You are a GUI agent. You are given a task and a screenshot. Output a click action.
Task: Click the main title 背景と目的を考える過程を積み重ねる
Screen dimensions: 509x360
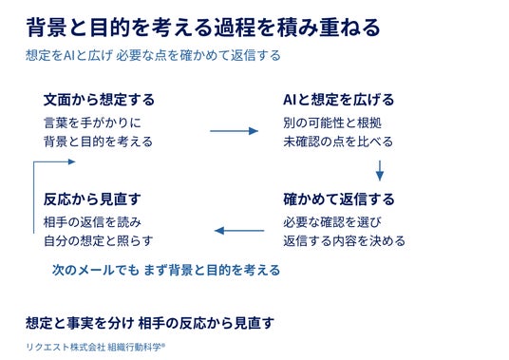coord(203,28)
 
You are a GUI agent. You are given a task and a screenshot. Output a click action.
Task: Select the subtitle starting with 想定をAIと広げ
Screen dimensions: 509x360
coord(153,55)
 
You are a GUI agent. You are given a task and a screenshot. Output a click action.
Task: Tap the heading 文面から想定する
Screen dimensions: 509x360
coord(99,100)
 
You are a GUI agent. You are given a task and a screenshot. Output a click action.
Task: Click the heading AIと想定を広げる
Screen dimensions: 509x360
coord(339,100)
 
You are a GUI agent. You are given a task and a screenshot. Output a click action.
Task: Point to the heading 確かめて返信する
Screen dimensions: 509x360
coord(339,199)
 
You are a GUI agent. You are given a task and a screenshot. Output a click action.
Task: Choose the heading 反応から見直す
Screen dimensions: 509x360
coord(92,199)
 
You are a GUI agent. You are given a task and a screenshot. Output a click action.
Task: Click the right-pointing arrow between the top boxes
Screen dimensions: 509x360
coord(234,131)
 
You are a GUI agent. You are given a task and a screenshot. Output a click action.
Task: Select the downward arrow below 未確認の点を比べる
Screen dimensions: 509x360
coord(380,170)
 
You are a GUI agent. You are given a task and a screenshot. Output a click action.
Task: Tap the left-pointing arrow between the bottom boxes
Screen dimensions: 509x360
coord(239,231)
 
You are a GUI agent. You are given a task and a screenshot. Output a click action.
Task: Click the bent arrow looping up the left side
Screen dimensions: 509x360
coord(34,195)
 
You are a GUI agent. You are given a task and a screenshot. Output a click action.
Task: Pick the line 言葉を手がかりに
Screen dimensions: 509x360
coord(92,123)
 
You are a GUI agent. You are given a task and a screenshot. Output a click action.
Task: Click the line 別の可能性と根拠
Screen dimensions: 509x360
coord(332,123)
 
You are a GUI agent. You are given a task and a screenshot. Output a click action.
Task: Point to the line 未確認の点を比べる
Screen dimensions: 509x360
coord(338,142)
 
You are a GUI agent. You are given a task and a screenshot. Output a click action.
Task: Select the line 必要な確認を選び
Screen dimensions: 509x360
coord(332,222)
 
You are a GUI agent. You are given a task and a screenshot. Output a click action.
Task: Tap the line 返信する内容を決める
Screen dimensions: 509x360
coord(344,241)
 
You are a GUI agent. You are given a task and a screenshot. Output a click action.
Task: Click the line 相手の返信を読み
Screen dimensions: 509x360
coord(92,222)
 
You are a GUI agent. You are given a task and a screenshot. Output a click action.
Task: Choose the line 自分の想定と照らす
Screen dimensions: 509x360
coord(99,241)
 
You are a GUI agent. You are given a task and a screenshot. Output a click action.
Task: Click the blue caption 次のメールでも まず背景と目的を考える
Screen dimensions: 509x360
coord(166,270)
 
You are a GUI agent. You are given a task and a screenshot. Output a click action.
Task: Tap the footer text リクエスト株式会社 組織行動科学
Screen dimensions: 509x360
coord(95,347)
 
